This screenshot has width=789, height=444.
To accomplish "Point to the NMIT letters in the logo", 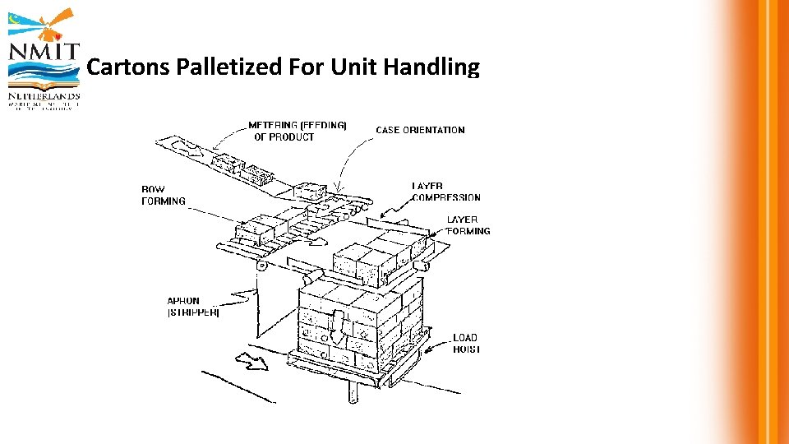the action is (44, 53).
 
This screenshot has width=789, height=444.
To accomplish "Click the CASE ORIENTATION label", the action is (420, 130).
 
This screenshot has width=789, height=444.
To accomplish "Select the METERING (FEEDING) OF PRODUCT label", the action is (297, 132).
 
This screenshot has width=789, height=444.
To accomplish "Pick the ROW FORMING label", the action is (164, 195).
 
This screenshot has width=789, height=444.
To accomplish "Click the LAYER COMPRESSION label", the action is (445, 192).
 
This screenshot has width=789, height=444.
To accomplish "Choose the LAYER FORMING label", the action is (468, 225).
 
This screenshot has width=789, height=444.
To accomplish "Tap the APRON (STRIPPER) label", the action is (192, 307).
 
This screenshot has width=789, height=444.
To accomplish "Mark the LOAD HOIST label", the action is (465, 343).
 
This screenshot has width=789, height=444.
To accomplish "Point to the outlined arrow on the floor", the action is (251, 359).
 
